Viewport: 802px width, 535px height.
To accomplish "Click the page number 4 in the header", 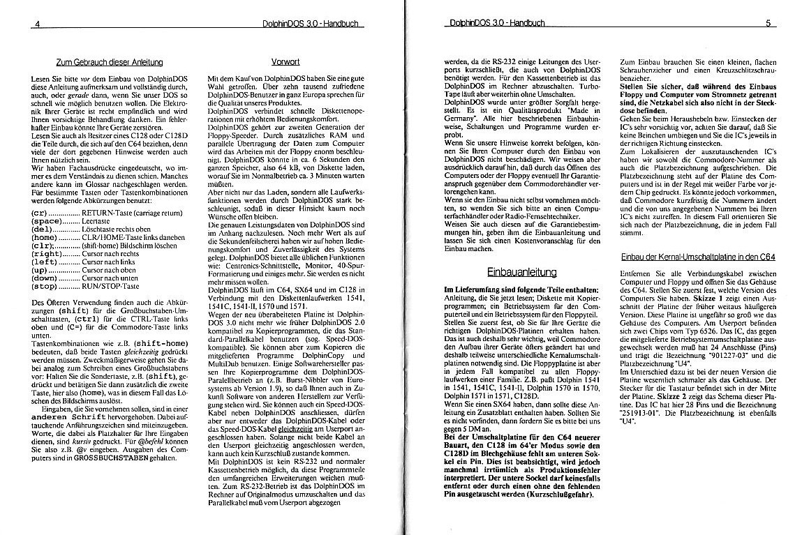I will [37, 24].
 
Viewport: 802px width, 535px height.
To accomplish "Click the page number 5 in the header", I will [766, 23].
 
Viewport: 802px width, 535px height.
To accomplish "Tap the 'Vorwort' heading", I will [285, 62].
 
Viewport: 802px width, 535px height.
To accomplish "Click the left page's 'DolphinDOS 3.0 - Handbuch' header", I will [310, 24].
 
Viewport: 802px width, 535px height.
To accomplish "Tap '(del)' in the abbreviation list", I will [43, 228].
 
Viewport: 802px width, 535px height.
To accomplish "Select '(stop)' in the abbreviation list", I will [45, 287].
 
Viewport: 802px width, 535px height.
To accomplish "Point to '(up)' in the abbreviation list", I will [41, 269].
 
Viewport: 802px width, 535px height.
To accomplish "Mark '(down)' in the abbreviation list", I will [45, 278].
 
